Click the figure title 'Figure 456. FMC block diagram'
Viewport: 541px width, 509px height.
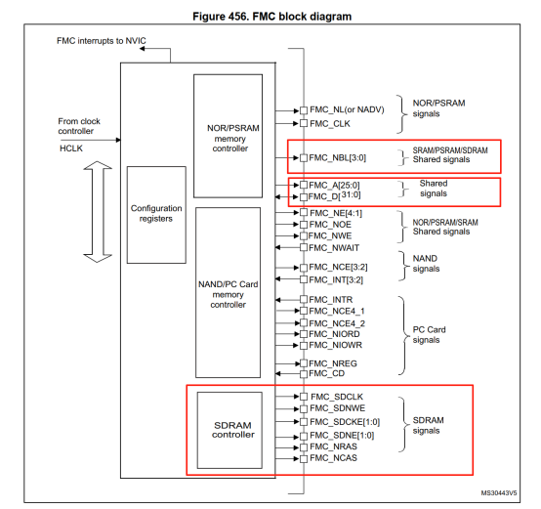coord(270,17)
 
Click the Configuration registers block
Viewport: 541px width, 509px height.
coord(156,213)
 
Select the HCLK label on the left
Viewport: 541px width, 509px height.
coord(71,147)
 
